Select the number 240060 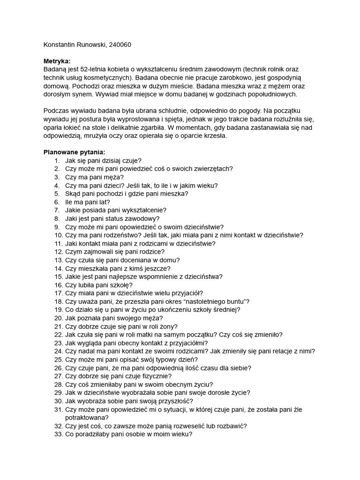(x=120, y=45)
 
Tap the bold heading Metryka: (x=57, y=61)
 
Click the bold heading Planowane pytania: (x=75, y=152)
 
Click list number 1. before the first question (x=57, y=161)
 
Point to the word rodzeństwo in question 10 (x=120, y=235)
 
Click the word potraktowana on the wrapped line (x=87, y=418)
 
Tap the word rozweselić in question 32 (x=192, y=426)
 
